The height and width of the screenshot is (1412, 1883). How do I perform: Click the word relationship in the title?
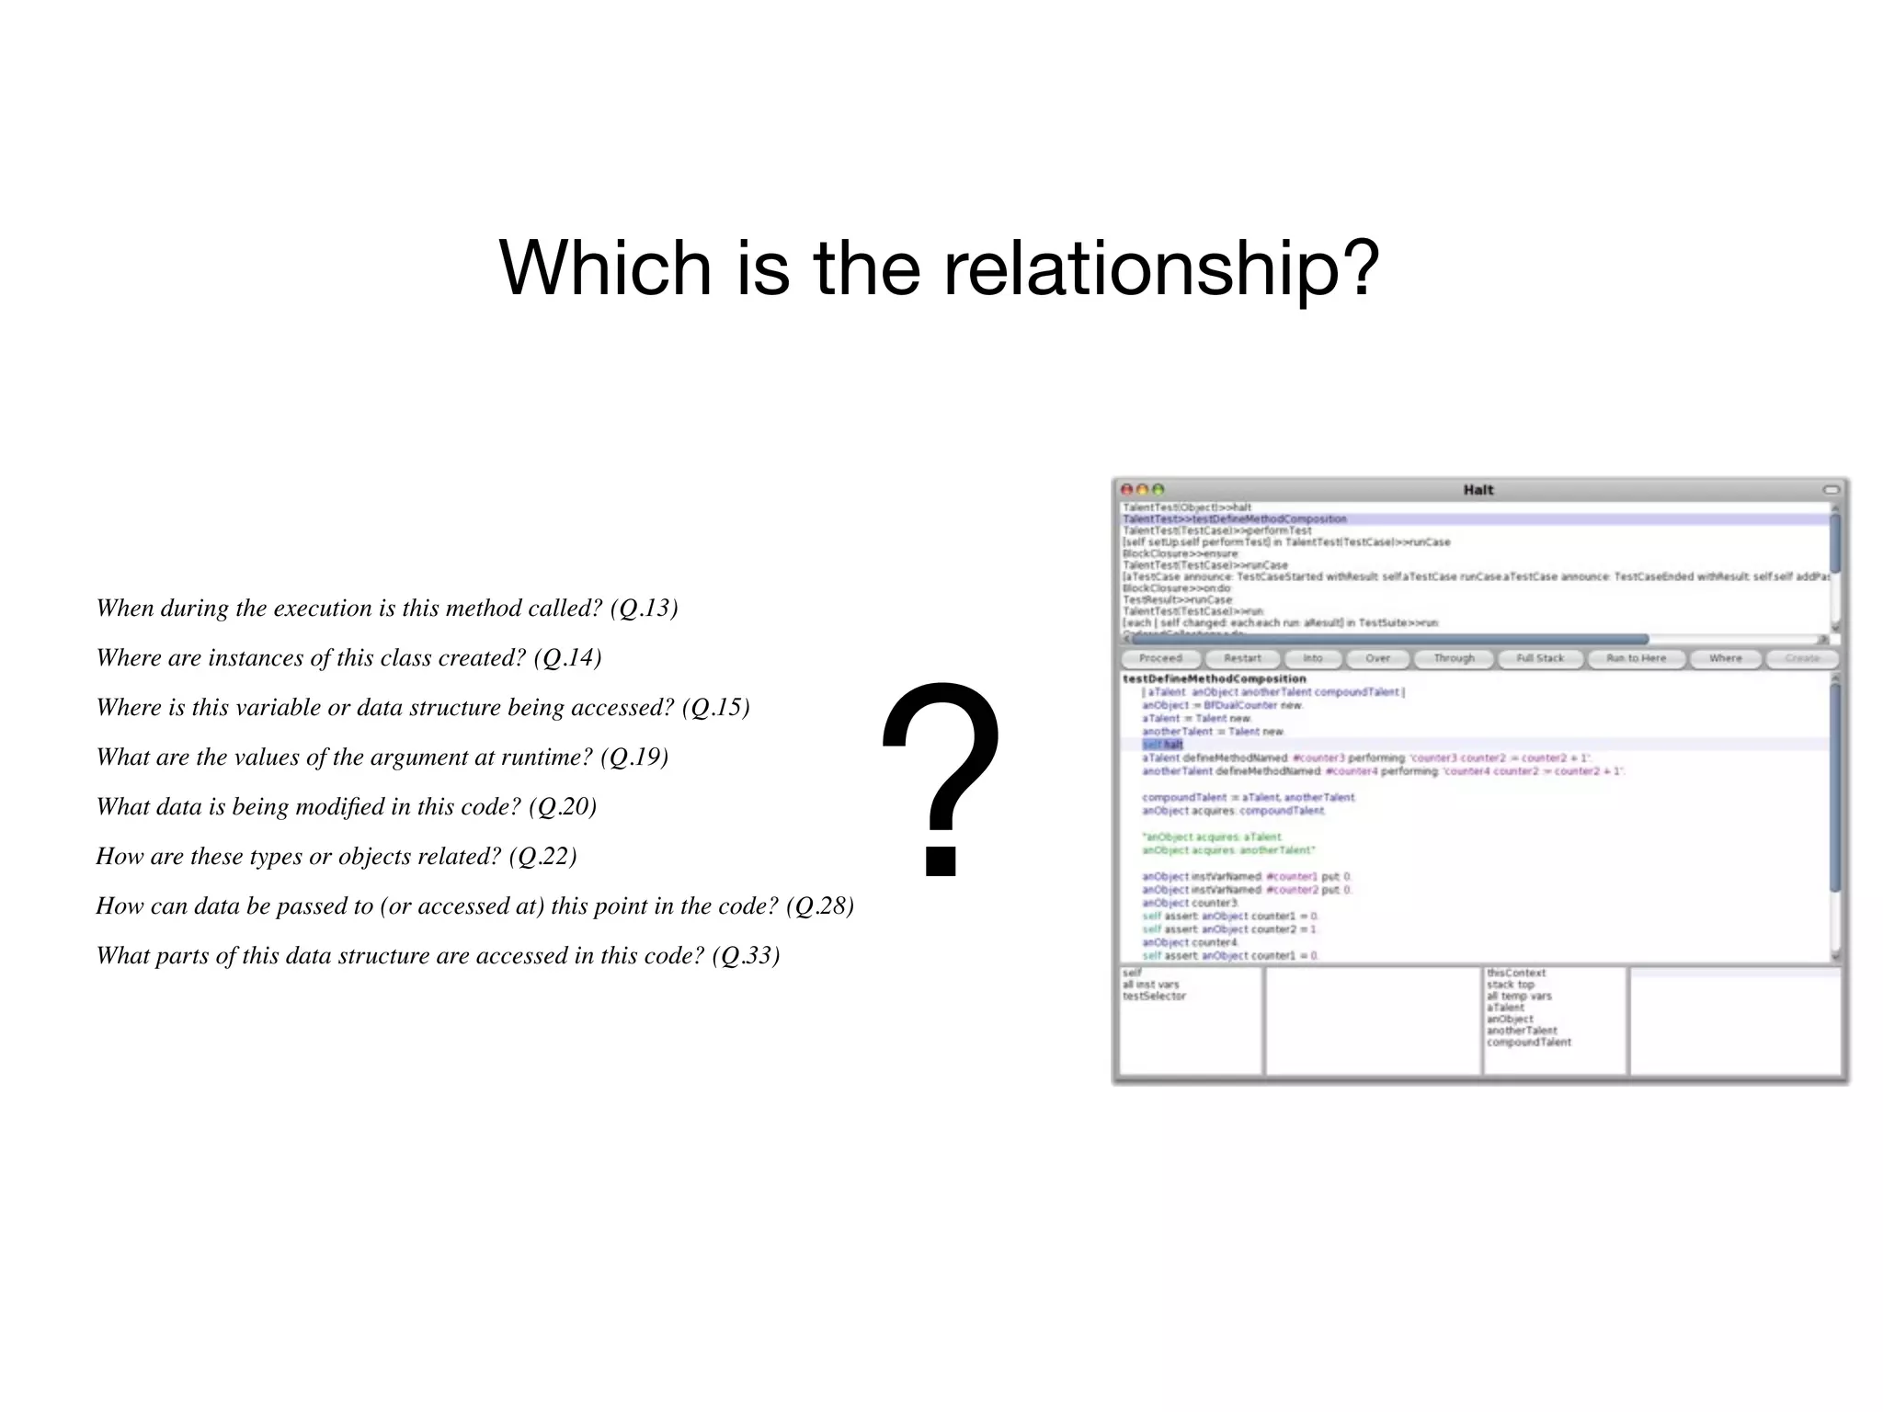1161,268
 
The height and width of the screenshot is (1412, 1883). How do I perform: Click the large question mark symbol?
941,778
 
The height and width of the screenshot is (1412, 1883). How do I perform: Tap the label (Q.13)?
644,609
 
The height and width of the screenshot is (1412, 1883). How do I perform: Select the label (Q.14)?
567,658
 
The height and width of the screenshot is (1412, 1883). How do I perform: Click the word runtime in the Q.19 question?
546,757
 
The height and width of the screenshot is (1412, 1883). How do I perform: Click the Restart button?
1242,658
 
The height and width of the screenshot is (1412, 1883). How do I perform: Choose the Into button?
1312,658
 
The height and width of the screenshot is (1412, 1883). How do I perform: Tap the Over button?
1377,658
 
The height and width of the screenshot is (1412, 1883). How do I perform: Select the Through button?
1454,658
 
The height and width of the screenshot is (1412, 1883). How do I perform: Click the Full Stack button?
1540,658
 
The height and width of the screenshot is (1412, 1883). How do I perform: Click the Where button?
1725,658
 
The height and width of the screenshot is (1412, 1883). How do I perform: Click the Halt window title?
1478,490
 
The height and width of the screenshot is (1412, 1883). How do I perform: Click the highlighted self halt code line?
1163,745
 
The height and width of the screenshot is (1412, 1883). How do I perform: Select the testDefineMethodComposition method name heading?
1214,678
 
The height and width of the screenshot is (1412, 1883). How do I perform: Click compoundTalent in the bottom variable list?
1528,1042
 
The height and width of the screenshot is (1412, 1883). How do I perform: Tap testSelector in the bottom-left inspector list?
1154,996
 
